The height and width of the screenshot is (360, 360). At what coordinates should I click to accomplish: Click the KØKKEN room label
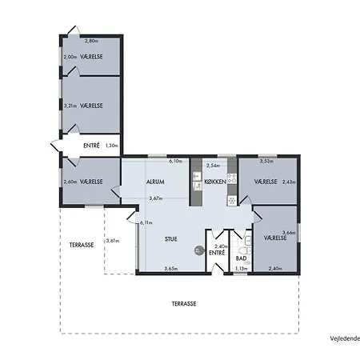(215, 182)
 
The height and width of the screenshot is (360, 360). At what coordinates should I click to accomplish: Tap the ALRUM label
(155, 182)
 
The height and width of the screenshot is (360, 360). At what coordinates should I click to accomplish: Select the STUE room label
(170, 239)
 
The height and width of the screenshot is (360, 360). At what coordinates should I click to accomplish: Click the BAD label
(241, 258)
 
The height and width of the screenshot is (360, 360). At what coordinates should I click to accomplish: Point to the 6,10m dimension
(175, 161)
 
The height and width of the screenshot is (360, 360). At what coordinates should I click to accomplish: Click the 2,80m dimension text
(91, 41)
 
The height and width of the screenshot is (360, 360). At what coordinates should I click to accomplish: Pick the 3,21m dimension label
(70, 106)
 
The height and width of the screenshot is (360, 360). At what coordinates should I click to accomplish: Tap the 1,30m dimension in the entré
(112, 146)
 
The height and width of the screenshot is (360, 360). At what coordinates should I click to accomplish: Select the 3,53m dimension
(266, 161)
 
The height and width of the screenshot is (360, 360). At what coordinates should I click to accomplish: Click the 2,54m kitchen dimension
(213, 166)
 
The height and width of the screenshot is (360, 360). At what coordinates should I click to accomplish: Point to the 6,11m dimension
(146, 223)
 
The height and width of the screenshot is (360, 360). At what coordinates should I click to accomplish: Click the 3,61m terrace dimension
(113, 241)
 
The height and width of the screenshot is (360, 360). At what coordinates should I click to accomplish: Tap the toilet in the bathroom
(245, 250)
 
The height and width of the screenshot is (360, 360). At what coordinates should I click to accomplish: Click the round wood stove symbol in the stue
(198, 250)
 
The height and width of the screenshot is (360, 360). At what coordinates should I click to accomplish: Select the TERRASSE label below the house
(184, 304)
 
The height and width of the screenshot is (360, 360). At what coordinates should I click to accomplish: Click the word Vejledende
(345, 338)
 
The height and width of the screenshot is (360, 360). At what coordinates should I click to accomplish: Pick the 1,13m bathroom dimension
(242, 269)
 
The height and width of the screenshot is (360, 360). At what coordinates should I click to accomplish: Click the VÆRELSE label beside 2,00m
(91, 57)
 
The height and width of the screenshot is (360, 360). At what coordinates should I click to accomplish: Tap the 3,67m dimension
(156, 198)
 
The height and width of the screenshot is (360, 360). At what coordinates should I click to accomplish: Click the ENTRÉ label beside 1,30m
(91, 146)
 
